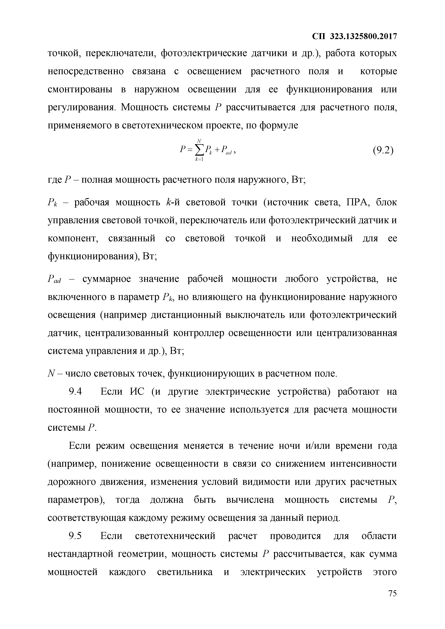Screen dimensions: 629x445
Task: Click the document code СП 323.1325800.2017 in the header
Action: click(355, 36)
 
